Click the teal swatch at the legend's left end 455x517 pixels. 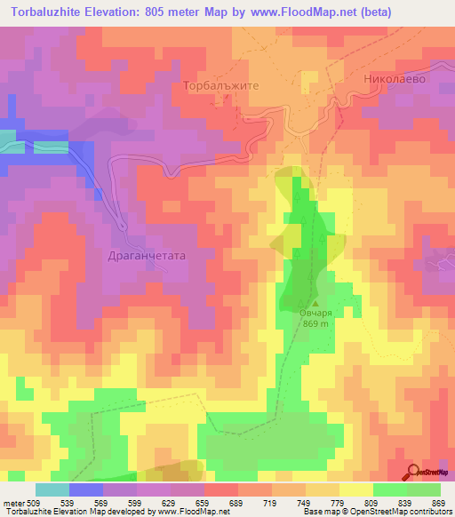pyautogui.click(x=52, y=489)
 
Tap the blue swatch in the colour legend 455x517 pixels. pyautogui.click(x=86, y=489)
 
